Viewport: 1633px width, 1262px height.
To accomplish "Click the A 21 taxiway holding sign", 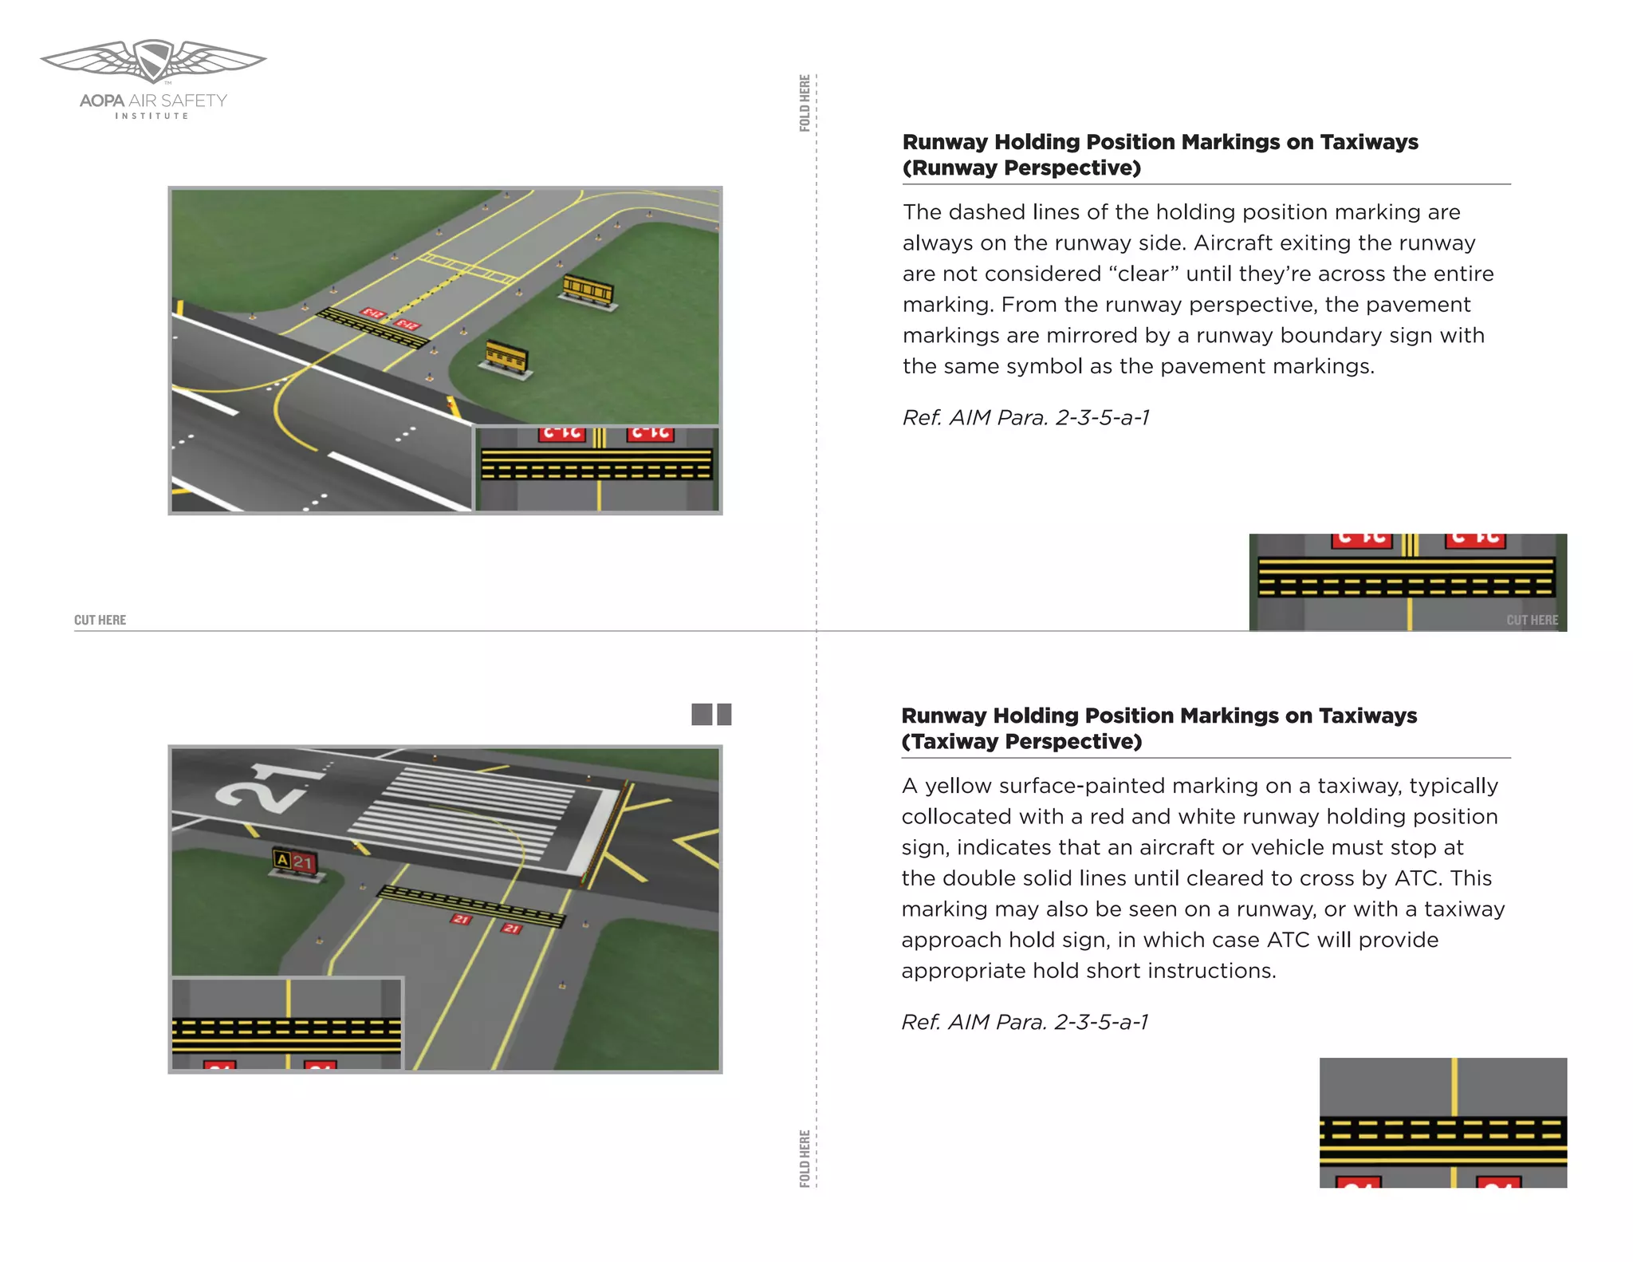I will click(296, 862).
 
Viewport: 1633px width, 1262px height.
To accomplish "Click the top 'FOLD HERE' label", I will click(805, 103).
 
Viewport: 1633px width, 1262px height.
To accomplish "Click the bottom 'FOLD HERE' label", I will click(805, 1157).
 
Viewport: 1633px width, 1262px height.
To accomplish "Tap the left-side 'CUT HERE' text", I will click(100, 620).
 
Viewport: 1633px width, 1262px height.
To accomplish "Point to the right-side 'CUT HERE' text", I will click(1531, 620).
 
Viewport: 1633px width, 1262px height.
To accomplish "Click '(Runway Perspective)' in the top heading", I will click(1021, 168).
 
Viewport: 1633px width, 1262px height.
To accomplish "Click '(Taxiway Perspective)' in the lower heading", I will click(1021, 742).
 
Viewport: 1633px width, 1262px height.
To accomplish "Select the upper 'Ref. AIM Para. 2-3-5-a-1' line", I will click(1025, 417).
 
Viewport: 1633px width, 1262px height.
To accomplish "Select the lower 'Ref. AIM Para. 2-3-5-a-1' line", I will click(1025, 1022).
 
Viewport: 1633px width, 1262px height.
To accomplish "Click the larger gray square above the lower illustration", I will click(702, 714).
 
